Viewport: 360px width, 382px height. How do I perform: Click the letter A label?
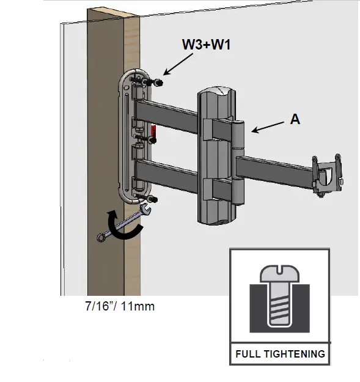click(295, 120)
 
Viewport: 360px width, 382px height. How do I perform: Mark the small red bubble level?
click(154, 131)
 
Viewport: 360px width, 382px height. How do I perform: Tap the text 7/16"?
click(100, 306)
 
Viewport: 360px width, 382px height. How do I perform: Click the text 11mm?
click(138, 306)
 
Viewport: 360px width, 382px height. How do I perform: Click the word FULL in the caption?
click(247, 354)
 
